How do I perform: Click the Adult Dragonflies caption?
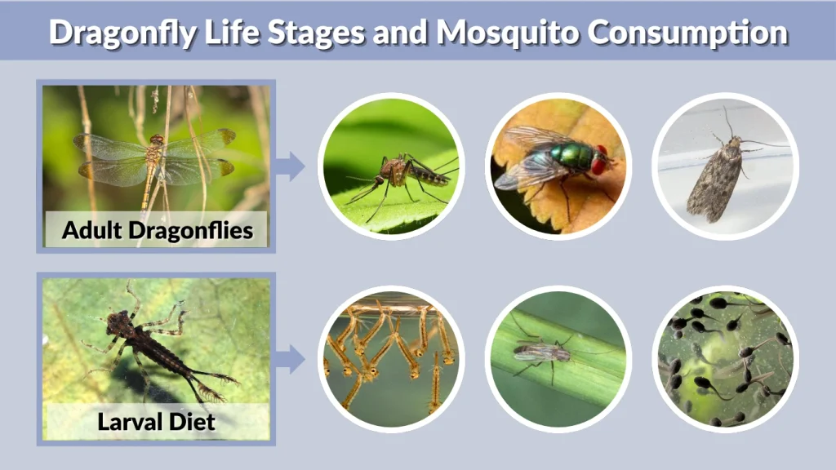157,230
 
